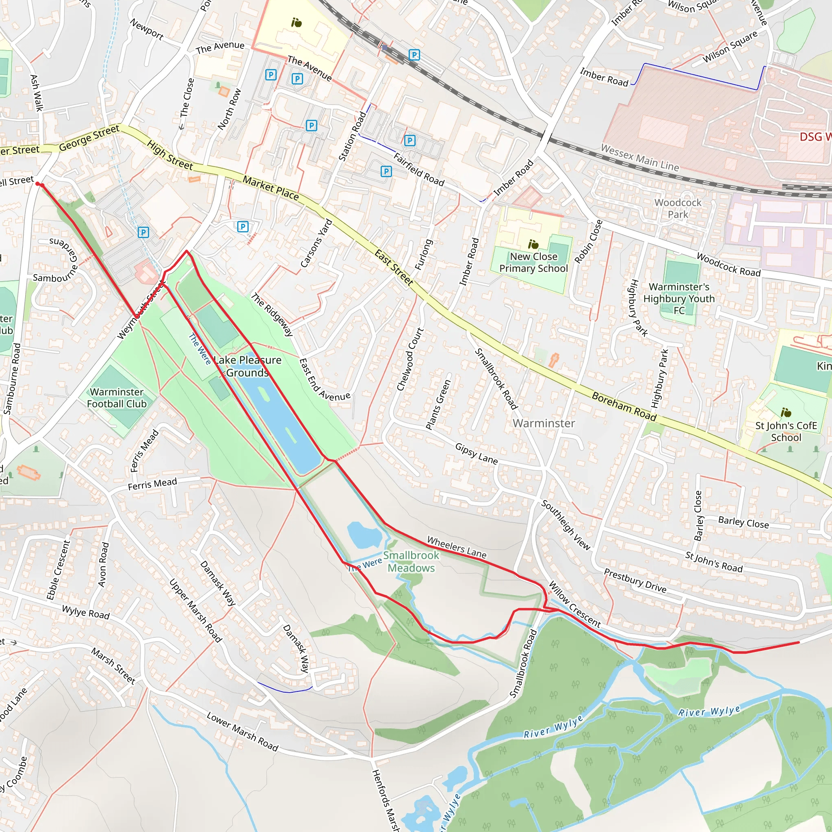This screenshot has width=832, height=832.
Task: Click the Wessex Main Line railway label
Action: coord(639,158)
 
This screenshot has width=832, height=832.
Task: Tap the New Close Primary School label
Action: coord(533,262)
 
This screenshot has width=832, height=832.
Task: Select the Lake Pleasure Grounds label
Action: coord(248,366)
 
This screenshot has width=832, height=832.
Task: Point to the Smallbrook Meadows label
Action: coord(411,561)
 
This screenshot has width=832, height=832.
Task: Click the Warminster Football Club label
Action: coord(117,397)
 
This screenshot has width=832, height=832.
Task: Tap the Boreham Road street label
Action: coord(624,407)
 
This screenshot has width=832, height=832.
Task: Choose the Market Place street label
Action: coord(271,188)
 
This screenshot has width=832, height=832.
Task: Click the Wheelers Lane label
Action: coord(457,547)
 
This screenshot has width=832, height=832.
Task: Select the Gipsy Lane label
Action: coord(476,454)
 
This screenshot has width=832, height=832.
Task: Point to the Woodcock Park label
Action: coord(678,208)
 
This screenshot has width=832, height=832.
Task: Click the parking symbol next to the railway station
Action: coord(414,55)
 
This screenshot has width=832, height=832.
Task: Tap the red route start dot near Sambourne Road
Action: coord(38,184)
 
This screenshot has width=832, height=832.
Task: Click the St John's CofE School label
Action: coord(786,431)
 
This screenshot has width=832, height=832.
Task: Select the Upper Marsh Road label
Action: coord(195,611)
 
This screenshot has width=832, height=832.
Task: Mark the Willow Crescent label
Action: coord(574,604)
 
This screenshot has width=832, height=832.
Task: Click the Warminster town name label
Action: coord(544,423)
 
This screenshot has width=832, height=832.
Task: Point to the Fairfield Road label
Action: coord(418,169)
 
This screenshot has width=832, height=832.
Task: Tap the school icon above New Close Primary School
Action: coord(533,245)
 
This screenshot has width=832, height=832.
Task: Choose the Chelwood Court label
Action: coord(409,359)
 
